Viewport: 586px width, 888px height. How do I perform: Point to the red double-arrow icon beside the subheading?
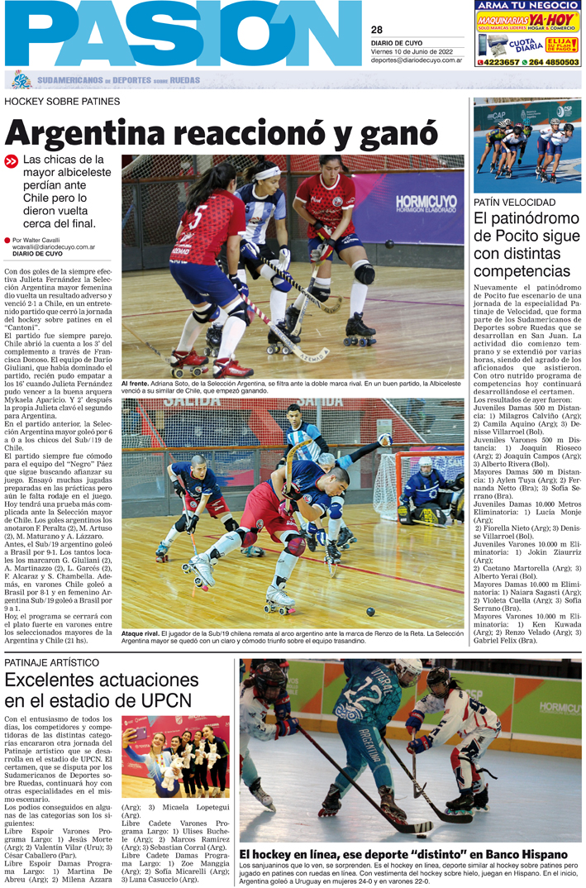coord(11,162)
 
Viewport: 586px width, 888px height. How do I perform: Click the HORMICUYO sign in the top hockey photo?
coord(426,202)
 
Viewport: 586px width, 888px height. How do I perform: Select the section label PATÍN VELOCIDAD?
coord(514,203)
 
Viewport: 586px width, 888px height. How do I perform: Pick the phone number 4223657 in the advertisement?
coord(500,62)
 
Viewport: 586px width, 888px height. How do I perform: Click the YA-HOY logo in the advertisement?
coord(554,17)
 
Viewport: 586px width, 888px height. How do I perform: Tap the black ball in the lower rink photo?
coord(370,611)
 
